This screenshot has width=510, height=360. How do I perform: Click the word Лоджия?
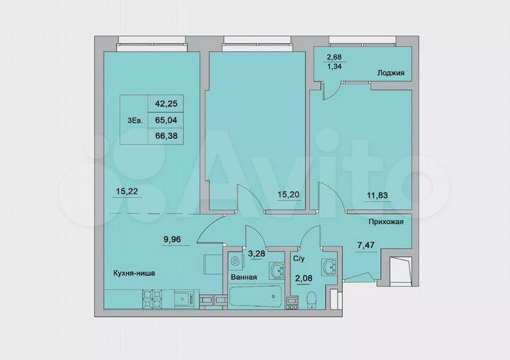pos(390,72)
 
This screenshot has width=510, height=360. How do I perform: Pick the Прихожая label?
pos(385,222)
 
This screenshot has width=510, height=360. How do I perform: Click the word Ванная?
pos(244,278)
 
